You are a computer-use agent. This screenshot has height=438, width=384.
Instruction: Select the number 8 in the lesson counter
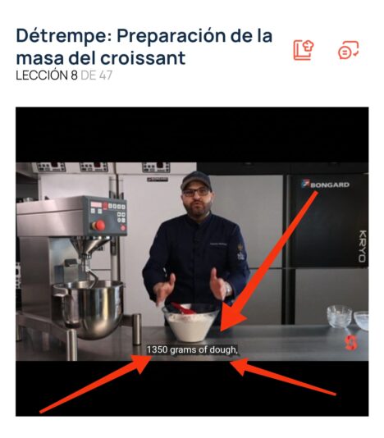74,75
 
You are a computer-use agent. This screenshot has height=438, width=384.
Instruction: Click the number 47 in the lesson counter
106,75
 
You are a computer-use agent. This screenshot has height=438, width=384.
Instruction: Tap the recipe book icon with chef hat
304,50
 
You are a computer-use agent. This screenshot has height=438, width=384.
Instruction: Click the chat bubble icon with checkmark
348,50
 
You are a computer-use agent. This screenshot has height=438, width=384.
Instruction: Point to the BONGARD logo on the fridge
326,185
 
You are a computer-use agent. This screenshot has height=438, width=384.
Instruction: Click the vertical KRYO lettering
362,246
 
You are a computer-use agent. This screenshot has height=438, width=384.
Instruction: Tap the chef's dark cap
196,180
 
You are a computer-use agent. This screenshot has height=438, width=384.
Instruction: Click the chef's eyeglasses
196,192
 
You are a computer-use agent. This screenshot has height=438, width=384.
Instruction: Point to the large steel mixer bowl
89,308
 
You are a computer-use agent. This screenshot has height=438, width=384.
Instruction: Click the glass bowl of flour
191,322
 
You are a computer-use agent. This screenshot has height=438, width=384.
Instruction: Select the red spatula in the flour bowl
184,308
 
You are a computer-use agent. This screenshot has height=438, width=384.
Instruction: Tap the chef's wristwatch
228,289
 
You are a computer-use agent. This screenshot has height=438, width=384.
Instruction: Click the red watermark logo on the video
350,343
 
